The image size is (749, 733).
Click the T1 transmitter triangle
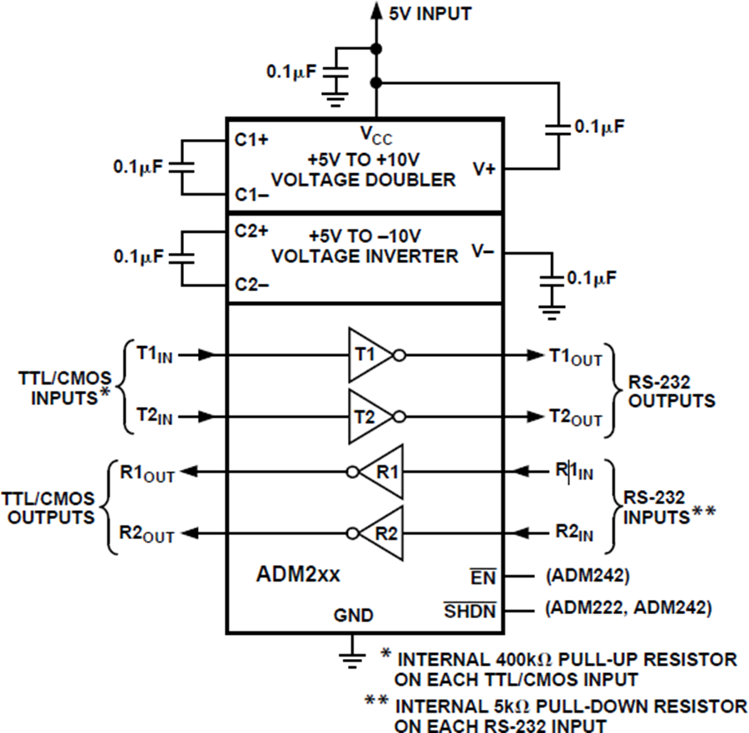[x=367, y=354]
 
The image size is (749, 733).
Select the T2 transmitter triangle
[x=367, y=415]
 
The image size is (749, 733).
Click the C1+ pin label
[x=250, y=140]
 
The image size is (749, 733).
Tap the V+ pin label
[x=484, y=168]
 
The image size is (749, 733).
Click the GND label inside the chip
[x=354, y=617]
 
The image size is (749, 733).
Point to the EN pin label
[x=483, y=576]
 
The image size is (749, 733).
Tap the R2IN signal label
[x=575, y=533]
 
